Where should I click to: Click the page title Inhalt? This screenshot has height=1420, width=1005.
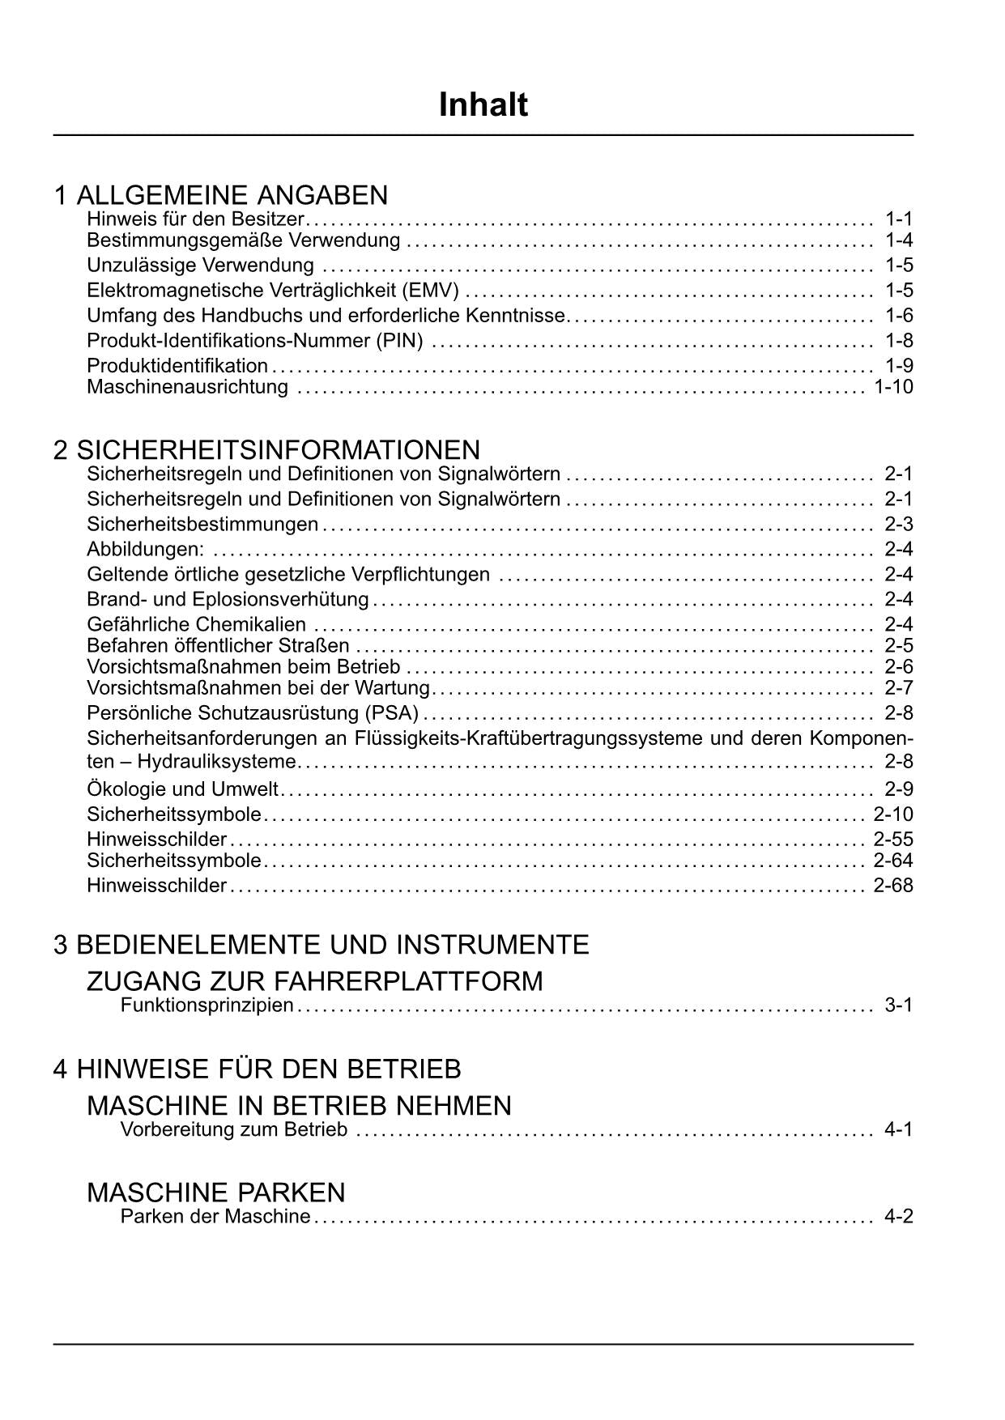483,105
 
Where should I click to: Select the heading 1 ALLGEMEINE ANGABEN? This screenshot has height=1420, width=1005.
221,195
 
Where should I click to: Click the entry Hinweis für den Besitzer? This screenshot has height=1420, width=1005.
195,219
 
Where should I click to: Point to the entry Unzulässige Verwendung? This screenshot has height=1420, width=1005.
200,265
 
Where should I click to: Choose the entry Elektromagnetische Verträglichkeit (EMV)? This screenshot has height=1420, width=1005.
273,290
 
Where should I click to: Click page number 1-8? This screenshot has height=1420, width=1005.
899,340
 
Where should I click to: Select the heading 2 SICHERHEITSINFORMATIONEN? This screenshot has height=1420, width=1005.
266,449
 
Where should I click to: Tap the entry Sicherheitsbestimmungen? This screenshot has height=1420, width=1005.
202,524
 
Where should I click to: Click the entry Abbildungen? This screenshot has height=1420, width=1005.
146,549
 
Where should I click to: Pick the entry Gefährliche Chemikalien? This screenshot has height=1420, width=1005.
197,624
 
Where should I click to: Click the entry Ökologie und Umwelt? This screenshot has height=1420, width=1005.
182,789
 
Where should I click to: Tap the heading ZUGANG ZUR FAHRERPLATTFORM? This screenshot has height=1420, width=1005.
314,981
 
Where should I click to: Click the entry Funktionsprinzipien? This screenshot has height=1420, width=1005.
207,1005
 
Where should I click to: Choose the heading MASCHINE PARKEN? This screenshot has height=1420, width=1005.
215,1193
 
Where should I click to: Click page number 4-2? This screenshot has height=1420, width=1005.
899,1217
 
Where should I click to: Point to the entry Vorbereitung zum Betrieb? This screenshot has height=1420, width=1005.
233,1129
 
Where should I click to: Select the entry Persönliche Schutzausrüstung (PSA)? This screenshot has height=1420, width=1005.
253,713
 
